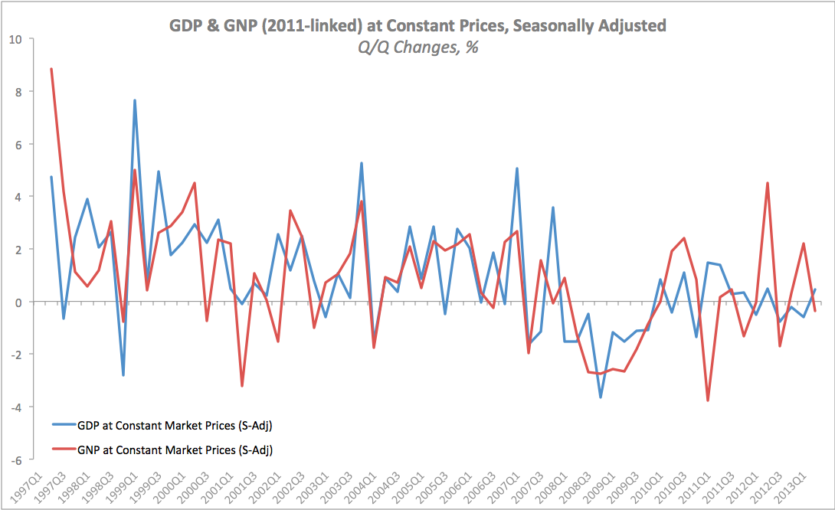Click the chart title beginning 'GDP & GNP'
[x=417, y=25]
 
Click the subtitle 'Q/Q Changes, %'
[x=417, y=47]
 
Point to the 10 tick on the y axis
[x=16, y=39]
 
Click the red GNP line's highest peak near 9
[x=51, y=69]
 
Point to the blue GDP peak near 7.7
[x=135, y=100]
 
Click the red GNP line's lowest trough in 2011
[x=708, y=400]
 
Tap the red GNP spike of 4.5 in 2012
[x=768, y=183]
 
